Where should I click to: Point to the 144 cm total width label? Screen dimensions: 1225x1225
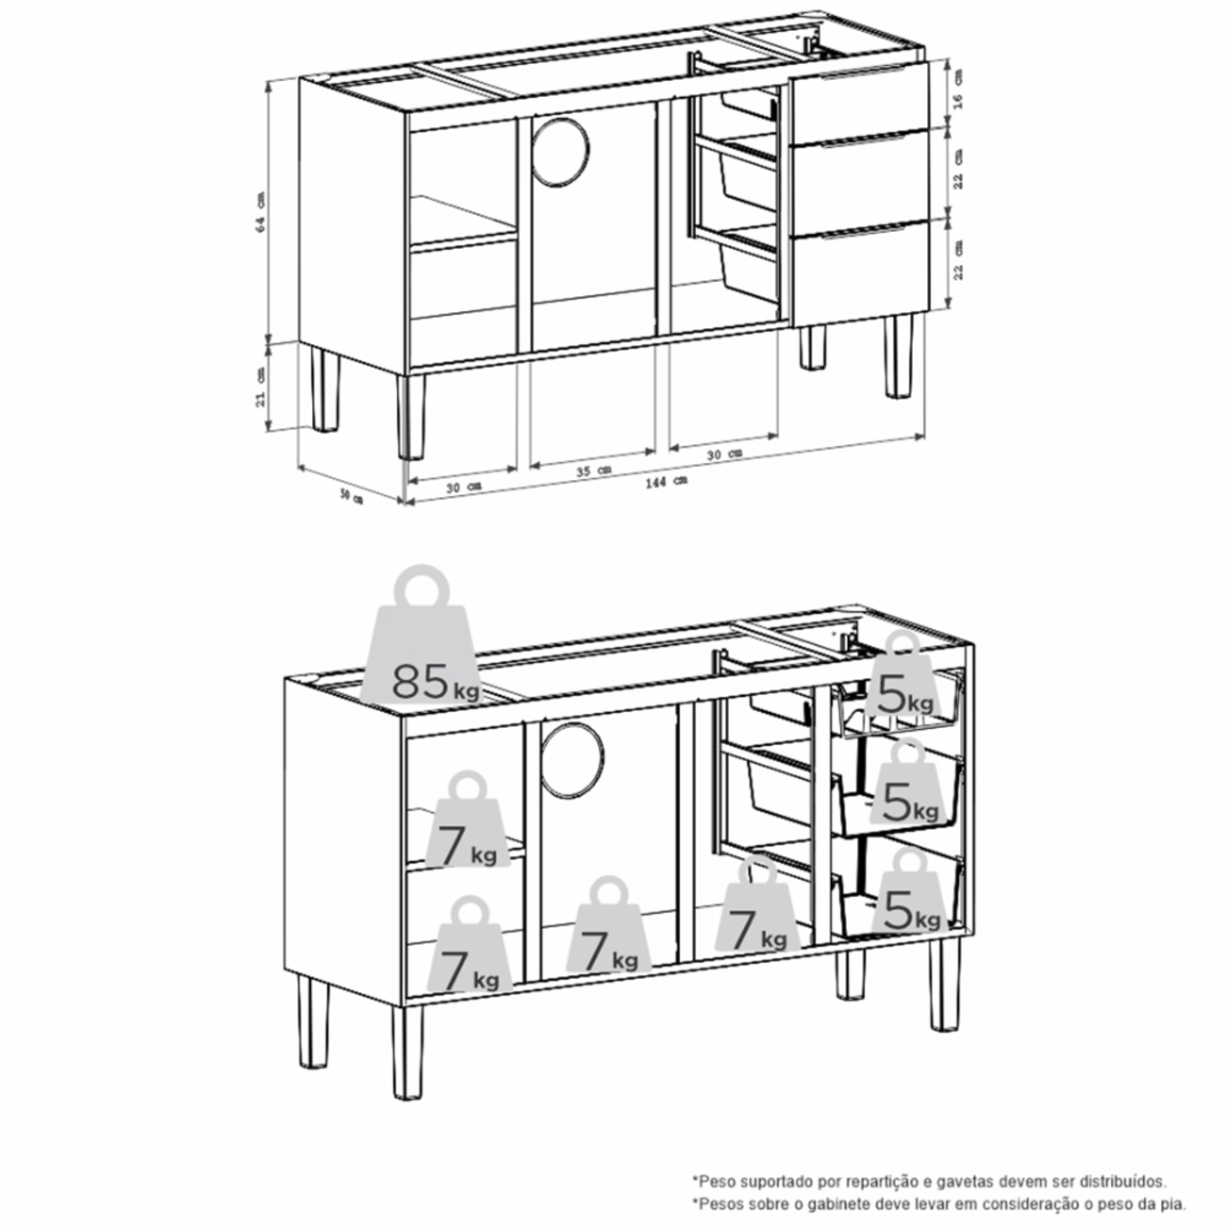point(666,481)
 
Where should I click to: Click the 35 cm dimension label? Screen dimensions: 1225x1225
point(593,471)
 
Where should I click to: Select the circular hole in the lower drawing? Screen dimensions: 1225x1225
point(573,760)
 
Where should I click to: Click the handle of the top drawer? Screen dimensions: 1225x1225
point(862,73)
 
